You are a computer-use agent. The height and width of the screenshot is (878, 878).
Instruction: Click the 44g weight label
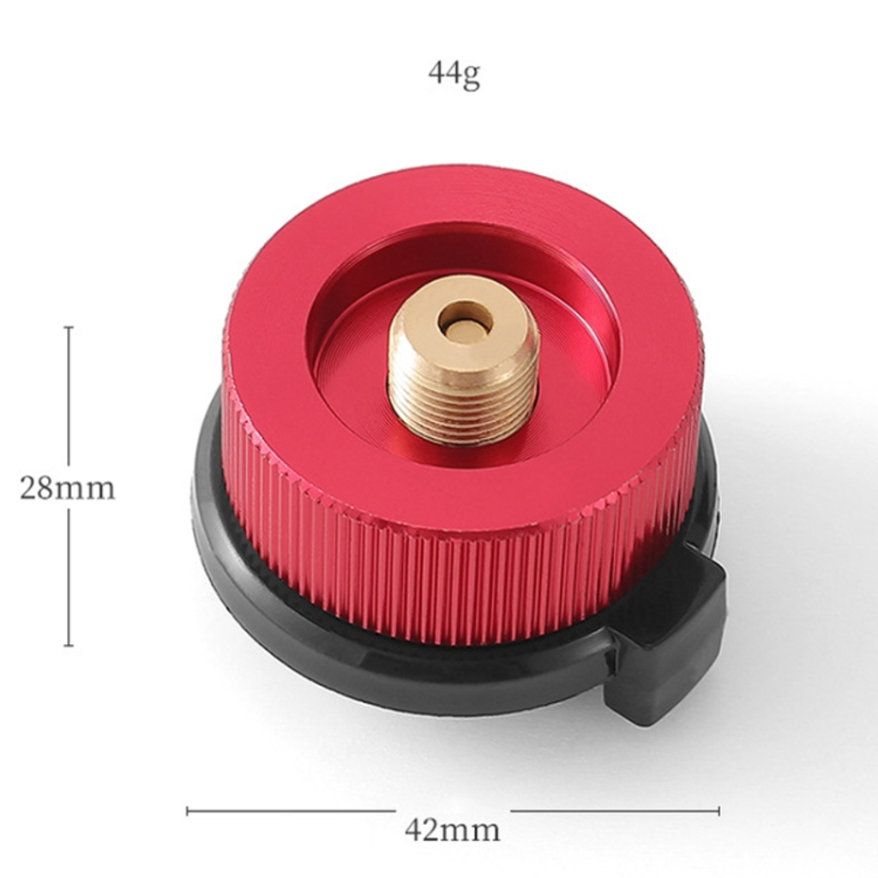454,74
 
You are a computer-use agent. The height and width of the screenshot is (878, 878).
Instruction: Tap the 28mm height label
67,488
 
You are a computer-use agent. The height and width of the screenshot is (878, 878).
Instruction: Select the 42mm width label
453,830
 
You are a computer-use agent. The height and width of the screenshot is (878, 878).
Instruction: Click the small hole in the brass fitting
466,325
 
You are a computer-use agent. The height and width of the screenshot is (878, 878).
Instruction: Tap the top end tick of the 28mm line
69,328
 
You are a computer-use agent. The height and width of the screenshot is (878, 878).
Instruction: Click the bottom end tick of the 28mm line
69,645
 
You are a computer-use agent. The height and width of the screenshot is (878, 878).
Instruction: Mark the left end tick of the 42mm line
188,810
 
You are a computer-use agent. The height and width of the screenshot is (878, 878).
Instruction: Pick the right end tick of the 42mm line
719,810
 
